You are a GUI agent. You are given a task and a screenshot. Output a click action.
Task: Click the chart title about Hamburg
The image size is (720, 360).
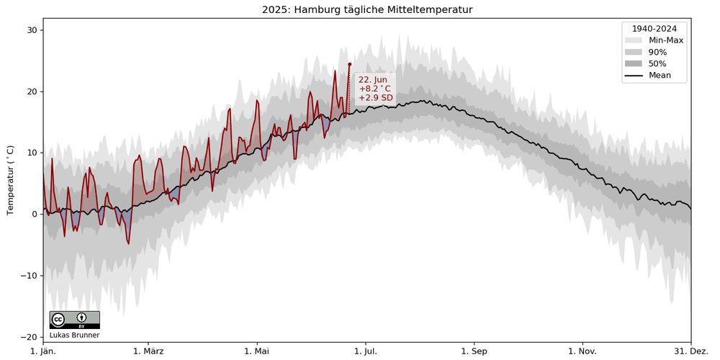[367, 9]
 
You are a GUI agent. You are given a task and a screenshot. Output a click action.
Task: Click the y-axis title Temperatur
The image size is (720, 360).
[10, 180]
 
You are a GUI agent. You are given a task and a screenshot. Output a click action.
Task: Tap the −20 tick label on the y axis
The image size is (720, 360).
[29, 337]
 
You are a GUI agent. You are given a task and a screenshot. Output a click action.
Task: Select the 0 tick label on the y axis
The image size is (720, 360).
[34, 214]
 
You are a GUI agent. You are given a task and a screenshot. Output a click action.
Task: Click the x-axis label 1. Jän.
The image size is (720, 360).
[43, 351]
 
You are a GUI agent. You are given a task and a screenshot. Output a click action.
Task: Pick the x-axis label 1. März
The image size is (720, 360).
[148, 351]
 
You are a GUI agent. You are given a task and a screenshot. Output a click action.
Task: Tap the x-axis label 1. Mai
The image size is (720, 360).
[257, 351]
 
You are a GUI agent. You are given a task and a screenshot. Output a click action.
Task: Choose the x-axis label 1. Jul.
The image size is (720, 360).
[365, 351]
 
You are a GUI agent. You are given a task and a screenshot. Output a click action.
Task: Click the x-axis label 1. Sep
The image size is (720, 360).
[474, 351]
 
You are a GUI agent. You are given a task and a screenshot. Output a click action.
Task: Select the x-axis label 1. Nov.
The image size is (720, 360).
[582, 351]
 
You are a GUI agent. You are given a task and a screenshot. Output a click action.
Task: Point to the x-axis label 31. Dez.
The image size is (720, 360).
[690, 351]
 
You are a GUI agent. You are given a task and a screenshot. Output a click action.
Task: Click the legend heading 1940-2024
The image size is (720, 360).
[654, 29]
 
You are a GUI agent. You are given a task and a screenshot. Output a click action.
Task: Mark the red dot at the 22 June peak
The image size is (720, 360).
[350, 64]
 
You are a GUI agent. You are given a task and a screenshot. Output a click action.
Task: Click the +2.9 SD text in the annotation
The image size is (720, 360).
[376, 98]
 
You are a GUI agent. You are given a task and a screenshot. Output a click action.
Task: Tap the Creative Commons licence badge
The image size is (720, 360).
[74, 320]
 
